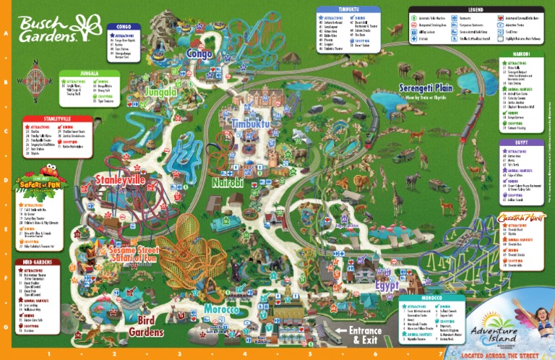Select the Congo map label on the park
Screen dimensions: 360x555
click(x=199, y=53)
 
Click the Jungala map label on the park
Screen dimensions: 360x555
click(x=160, y=93)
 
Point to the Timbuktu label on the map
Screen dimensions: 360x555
click(x=250, y=124)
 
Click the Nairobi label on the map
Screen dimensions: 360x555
click(x=228, y=183)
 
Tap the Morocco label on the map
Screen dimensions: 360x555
click(x=220, y=309)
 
